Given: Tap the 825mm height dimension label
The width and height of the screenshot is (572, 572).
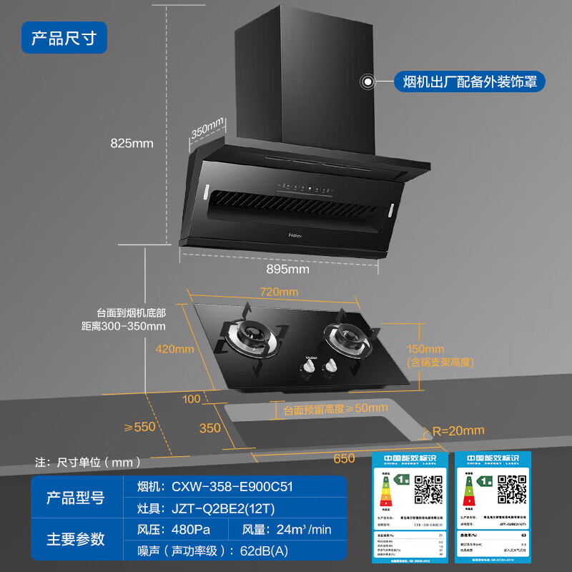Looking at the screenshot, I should tap(132, 143).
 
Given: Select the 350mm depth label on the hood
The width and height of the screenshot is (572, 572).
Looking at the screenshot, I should tap(208, 129).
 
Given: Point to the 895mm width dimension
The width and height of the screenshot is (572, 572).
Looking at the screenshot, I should tap(289, 270).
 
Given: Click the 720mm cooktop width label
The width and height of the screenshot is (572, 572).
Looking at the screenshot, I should tap(279, 292).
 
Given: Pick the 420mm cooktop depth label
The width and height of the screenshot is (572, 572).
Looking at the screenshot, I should tap(176, 349).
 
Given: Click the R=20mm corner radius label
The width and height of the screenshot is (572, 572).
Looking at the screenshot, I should tap(458, 430).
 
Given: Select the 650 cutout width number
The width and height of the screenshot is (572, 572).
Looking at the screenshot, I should tap(344, 458).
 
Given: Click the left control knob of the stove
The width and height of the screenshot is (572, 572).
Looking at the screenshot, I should tap(309, 366).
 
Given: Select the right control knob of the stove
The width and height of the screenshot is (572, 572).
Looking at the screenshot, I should tap(330, 366).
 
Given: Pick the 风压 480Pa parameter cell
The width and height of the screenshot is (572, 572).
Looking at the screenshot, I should tap(175, 530).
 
